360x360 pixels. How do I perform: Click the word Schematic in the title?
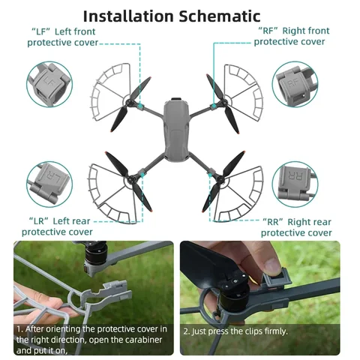click(x=224, y=16)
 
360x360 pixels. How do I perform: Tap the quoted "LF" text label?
click(x=41, y=31)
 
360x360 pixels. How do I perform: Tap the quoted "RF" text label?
click(x=268, y=31)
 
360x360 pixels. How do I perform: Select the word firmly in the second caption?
click(x=274, y=329)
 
